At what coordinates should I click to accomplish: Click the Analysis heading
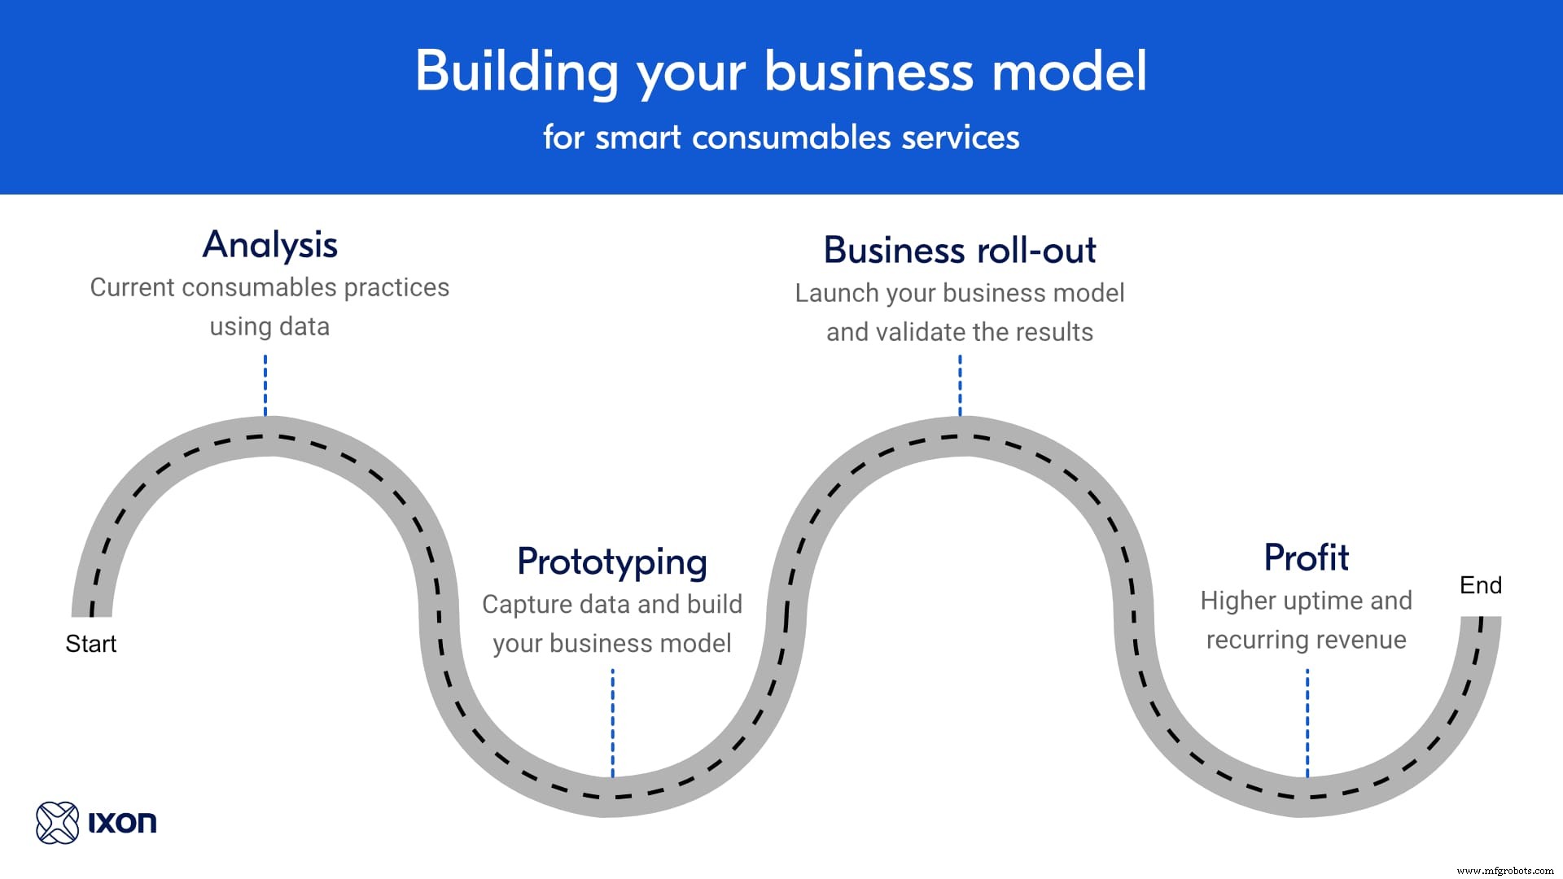pyautogui.click(x=269, y=245)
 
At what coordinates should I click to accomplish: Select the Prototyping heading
pyautogui.click(x=612, y=562)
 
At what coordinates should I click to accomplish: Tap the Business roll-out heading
pyautogui.click(x=960, y=250)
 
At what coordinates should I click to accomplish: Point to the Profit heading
pyautogui.click(x=1306, y=558)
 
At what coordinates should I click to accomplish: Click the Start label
pyautogui.click(x=90, y=644)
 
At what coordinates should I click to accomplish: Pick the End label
pyautogui.click(x=1480, y=585)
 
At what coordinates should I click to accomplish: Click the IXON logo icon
pyautogui.click(x=57, y=822)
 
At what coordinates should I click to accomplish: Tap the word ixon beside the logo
pyautogui.click(x=122, y=823)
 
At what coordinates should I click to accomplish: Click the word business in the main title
pyautogui.click(x=868, y=72)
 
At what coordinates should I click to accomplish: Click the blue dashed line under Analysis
pyautogui.click(x=265, y=385)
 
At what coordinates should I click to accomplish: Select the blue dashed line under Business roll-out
pyautogui.click(x=960, y=385)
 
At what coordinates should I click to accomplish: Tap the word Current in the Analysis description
pyautogui.click(x=132, y=287)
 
